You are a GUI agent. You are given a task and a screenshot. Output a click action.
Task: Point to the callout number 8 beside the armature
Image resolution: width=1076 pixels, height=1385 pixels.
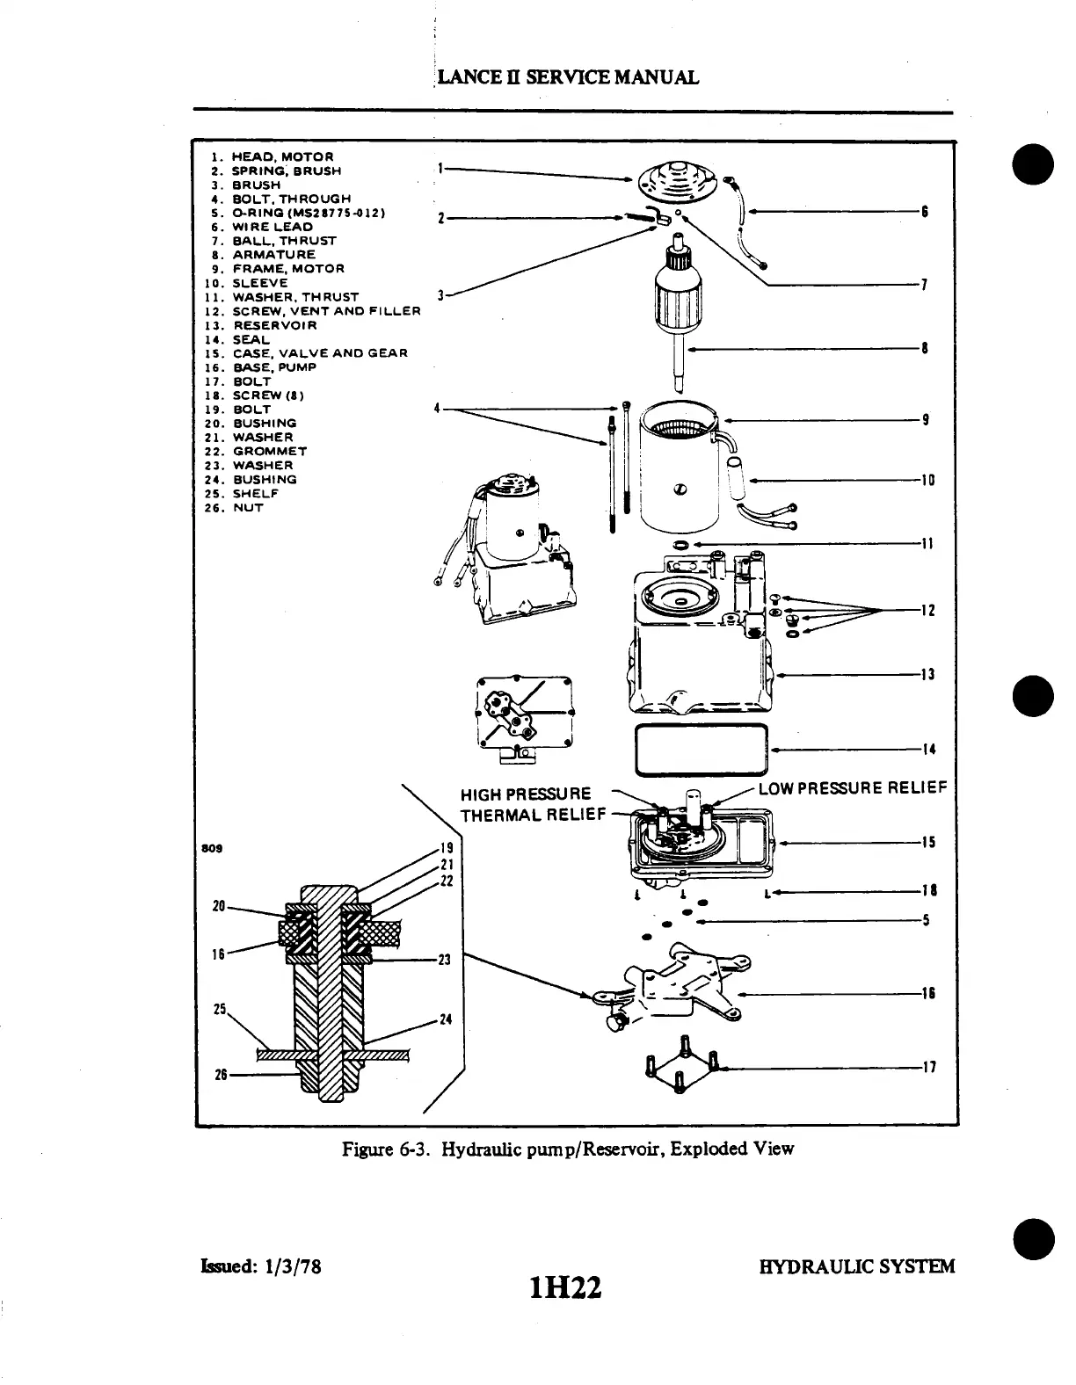pyautogui.click(x=925, y=349)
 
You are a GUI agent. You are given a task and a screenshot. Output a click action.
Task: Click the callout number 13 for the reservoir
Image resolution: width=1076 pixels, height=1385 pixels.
pyautogui.click(x=927, y=675)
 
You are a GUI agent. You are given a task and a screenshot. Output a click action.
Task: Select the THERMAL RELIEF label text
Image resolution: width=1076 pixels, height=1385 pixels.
pyautogui.click(x=533, y=815)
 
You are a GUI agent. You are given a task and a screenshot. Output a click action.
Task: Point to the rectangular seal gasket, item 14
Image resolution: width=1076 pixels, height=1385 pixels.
pyautogui.click(x=702, y=750)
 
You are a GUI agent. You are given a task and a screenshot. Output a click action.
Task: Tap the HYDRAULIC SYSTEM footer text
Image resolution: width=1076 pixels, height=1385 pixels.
pyautogui.click(x=857, y=1266)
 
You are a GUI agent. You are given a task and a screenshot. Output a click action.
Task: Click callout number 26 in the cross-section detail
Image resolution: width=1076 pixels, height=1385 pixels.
pyautogui.click(x=222, y=1074)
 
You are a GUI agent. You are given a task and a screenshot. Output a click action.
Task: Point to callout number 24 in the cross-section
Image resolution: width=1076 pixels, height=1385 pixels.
pyautogui.click(x=445, y=1020)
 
